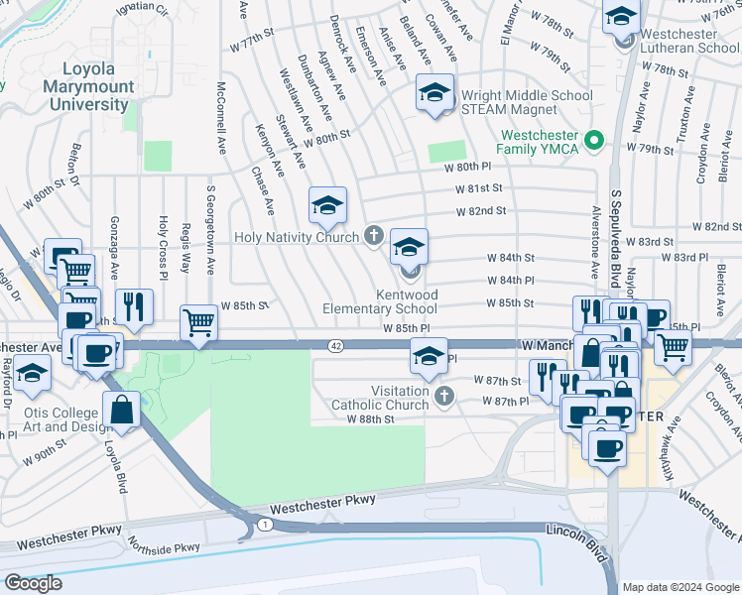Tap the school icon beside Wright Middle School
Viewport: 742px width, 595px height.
433,93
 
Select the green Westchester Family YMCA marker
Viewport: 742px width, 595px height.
595,140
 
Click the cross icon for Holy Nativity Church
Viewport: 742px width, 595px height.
373,236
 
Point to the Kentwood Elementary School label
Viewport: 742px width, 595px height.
380,302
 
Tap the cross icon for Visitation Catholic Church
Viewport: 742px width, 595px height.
445,398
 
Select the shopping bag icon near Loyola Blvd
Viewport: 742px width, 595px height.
121,410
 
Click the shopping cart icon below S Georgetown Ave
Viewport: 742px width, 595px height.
198,322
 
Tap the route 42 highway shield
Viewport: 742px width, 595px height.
337,345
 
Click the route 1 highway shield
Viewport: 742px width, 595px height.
264,523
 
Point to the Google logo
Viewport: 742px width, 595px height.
33,583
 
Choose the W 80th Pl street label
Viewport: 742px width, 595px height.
467,168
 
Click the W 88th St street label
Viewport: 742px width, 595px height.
370,419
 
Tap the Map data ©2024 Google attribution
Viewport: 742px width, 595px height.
681,587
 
